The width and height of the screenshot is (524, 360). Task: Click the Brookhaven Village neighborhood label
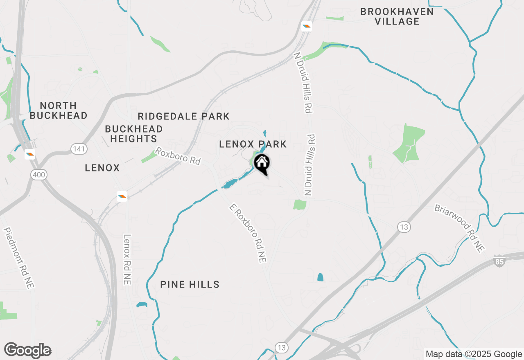pos(397,16)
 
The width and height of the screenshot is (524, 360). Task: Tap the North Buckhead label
pos(59,110)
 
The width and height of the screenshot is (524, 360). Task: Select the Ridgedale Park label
pos(184,117)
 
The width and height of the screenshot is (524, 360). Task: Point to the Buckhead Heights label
pos(134,134)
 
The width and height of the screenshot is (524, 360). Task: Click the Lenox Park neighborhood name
pos(253,144)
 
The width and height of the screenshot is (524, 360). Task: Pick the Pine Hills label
pos(190,284)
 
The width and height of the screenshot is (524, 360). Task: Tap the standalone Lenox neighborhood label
pos(102,168)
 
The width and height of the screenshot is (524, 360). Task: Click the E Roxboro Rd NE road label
pos(248,234)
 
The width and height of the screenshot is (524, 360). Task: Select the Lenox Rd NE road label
pos(127,259)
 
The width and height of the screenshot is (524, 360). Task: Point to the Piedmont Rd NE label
pos(18,258)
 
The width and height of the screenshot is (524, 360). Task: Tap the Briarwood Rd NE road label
pos(459,228)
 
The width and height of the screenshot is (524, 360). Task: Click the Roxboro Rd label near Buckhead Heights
pos(178,156)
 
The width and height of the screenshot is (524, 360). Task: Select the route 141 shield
pos(78,149)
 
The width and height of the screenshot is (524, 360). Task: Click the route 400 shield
pos(38,175)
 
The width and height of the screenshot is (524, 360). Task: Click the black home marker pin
pos(262,164)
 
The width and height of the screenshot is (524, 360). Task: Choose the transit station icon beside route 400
pos(30,154)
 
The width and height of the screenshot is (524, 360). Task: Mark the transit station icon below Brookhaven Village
pos(306,27)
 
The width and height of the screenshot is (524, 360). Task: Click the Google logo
pos(28,351)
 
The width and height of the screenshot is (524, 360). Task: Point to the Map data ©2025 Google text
pos(474,354)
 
